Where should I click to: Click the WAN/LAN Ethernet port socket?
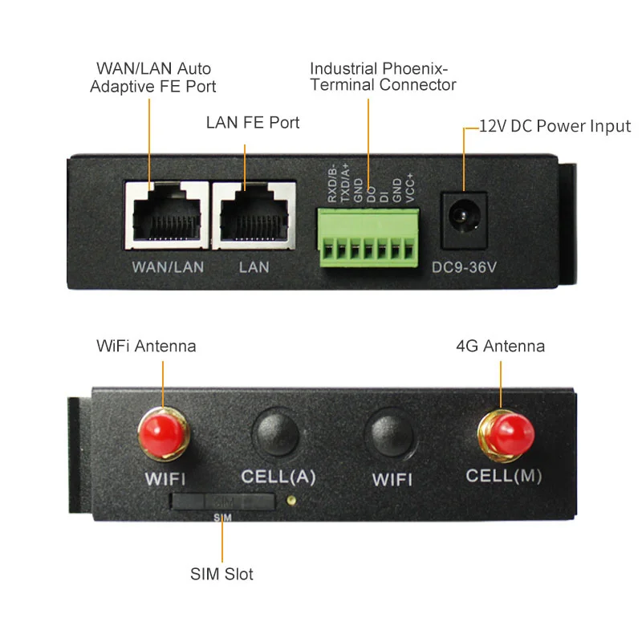[166, 214]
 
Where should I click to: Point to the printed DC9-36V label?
[465, 266]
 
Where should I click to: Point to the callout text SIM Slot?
[221, 574]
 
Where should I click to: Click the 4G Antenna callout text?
[500, 347]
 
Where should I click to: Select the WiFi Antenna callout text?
[146, 347]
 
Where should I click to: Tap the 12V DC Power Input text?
[555, 126]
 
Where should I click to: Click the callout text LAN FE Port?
[253, 123]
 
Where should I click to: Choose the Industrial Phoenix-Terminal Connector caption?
[383, 76]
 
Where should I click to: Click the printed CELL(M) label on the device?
[504, 475]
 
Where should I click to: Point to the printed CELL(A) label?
[278, 477]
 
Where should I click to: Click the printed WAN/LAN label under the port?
[168, 266]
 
